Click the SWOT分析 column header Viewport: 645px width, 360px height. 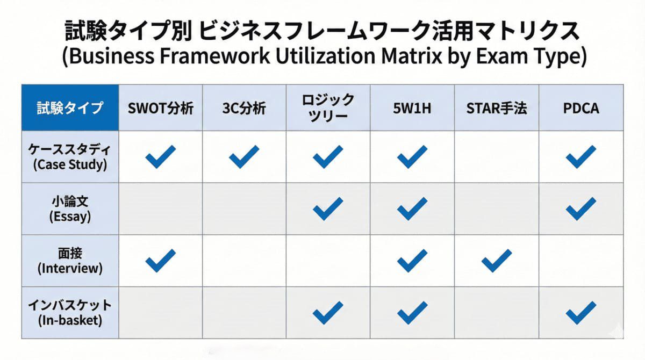point(160,108)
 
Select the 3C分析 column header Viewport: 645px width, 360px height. point(244,108)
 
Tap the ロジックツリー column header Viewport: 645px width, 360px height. point(328,107)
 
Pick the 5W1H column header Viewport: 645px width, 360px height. point(412,108)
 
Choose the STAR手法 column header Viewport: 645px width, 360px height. point(496,108)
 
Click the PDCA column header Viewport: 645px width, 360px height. point(580,108)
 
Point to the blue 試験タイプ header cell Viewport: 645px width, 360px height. point(70,108)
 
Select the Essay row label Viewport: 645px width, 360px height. point(70,208)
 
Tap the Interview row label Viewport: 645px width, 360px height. point(70,260)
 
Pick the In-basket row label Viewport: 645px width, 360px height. point(70,312)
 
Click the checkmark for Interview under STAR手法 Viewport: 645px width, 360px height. point(496,261)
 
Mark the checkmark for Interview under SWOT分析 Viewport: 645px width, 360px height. point(160,261)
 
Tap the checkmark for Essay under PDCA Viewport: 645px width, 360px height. point(580,208)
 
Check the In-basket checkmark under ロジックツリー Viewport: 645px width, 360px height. point(328,312)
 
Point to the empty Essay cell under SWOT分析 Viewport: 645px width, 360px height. point(160,208)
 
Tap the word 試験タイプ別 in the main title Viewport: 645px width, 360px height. point(127,31)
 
